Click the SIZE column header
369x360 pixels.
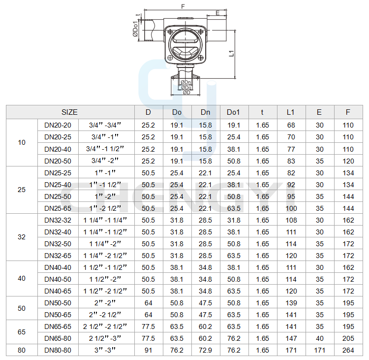69,112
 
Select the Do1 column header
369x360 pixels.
233,112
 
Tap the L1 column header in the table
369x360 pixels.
291,112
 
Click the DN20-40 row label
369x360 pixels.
58,149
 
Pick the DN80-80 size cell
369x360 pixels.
58,350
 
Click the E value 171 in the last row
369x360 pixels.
319,350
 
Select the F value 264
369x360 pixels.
348,350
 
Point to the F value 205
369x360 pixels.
348,338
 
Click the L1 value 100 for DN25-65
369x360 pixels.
291,208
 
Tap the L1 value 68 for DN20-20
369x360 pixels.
291,125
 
